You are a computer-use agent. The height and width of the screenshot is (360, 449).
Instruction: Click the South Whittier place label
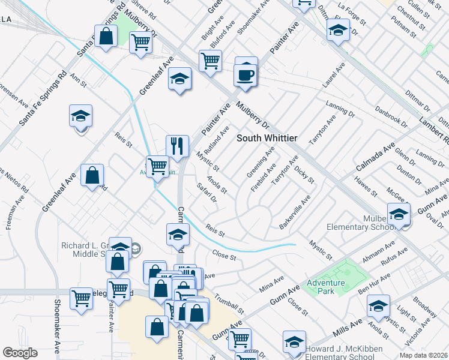coord(267,138)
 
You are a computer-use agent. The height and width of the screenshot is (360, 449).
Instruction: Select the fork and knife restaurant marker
coord(177,146)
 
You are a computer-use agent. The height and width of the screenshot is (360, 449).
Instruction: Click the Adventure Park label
coord(325,287)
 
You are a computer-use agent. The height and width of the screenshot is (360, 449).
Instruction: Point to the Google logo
coord(20,353)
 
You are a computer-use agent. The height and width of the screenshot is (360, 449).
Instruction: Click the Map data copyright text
coord(424,355)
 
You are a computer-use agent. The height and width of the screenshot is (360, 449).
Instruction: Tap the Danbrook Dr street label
coord(391,117)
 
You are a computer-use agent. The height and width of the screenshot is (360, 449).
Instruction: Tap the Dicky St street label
coord(305,172)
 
